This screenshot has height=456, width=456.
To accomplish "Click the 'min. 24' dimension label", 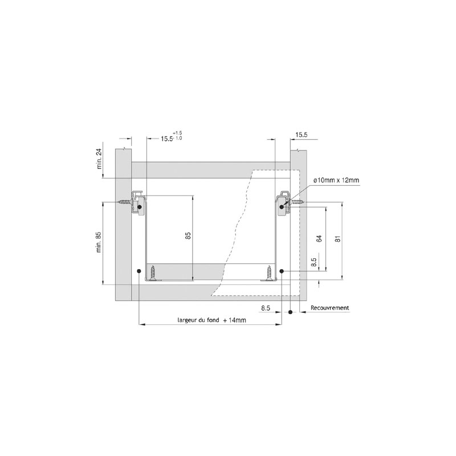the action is coord(99,159).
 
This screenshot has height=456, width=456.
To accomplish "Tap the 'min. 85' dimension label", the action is coord(99,242).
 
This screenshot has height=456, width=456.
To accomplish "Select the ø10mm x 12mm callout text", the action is coord(336,180).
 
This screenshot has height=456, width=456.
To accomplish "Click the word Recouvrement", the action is coord(330,308).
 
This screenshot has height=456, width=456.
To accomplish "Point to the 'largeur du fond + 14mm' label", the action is coord(211,320).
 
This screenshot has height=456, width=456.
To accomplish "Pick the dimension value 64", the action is coord(319,239).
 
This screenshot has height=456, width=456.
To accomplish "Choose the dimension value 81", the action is coord(337,239).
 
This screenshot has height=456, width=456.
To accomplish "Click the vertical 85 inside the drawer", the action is coord(188,235).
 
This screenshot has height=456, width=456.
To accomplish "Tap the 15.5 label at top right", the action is coord(302,135).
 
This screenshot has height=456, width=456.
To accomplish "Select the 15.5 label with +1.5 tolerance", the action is coord(167,139).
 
